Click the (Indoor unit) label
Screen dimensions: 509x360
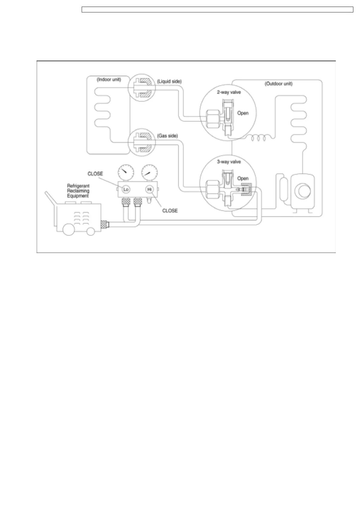click(109, 80)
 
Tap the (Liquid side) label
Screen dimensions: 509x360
click(169, 81)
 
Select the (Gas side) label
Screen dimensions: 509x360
click(167, 136)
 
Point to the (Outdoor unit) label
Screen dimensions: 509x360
click(278, 84)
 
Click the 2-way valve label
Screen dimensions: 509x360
click(229, 92)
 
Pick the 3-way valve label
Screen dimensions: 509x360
click(229, 162)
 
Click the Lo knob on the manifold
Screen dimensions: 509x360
click(126, 189)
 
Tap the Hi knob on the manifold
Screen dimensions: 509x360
click(149, 189)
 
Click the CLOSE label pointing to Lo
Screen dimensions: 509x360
click(95, 174)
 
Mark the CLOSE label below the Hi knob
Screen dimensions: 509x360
click(170, 211)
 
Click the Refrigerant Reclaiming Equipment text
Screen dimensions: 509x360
click(78, 191)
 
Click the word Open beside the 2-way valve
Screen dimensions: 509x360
click(243, 113)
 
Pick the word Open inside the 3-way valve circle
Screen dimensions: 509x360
click(243, 178)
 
